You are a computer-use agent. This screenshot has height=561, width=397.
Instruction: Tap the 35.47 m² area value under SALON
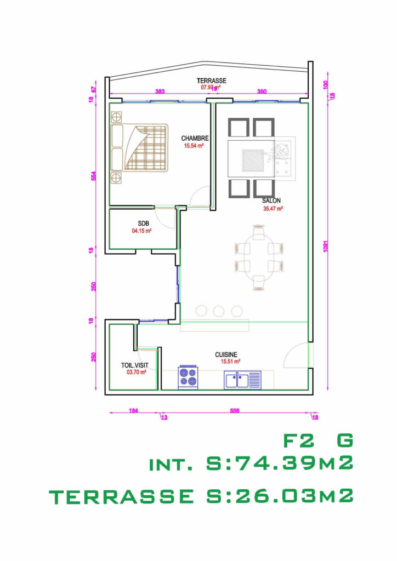(273, 209)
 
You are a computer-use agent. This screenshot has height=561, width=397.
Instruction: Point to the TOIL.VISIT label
(134, 365)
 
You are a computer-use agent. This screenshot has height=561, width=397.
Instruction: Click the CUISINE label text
(226, 354)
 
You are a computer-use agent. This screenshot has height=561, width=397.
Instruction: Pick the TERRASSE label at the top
(211, 81)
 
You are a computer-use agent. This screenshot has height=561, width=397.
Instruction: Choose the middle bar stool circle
(219, 311)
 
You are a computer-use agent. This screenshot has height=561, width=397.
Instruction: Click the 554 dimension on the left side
(94, 176)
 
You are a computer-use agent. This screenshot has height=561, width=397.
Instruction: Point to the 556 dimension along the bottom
(234, 410)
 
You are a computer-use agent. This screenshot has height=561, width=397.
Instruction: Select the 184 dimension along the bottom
(134, 410)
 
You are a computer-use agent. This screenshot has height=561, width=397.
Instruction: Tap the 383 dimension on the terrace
(160, 91)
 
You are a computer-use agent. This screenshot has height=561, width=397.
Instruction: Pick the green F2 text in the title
(296, 440)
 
